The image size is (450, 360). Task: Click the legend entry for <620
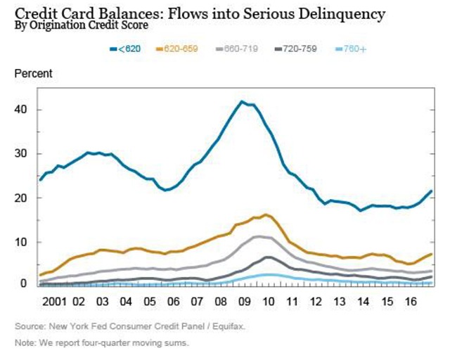(x=125, y=49)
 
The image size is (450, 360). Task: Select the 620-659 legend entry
(x=176, y=49)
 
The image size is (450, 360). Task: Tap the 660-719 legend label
(x=237, y=49)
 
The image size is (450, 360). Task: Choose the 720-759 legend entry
(x=296, y=49)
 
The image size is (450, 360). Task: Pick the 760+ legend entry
(x=351, y=49)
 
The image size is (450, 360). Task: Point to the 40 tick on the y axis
(x=20, y=110)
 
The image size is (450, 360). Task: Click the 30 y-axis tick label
(x=20, y=153)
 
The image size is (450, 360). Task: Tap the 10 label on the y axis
(x=20, y=242)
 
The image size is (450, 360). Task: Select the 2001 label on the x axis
(x=54, y=302)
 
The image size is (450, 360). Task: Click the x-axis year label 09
(x=245, y=302)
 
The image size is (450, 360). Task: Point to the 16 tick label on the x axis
(x=411, y=302)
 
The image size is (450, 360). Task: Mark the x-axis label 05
(x=150, y=302)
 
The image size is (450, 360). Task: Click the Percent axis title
(x=33, y=74)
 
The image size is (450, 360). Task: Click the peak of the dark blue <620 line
(x=242, y=101)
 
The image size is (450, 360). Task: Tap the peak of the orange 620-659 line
(x=266, y=214)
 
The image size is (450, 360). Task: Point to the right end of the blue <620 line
(x=431, y=191)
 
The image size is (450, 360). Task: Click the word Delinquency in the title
(x=342, y=14)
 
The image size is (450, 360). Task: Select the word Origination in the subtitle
(x=58, y=25)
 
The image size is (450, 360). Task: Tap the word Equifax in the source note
(x=229, y=326)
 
